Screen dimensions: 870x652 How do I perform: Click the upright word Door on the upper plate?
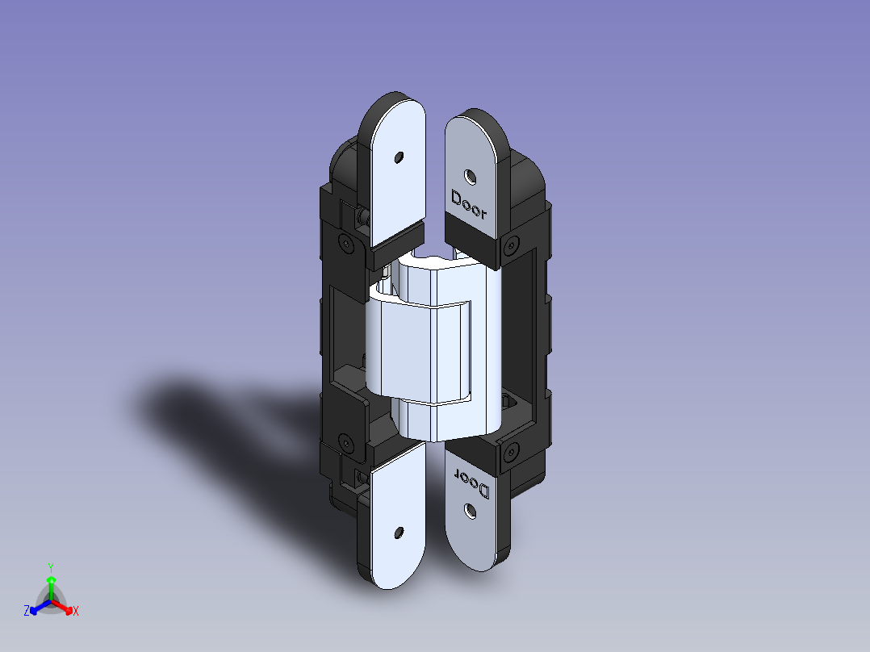coord(469,204)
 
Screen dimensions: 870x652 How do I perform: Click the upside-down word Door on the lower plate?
coord(472,483)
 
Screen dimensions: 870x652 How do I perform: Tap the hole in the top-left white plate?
coord(399,157)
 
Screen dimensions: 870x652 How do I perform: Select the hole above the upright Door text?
coord(470,178)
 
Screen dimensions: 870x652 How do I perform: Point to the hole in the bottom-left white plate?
coord(399,533)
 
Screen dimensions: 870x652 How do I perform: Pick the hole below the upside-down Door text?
coord(470,512)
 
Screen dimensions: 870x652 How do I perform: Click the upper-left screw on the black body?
coord(346,243)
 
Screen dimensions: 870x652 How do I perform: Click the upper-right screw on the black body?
coord(511,245)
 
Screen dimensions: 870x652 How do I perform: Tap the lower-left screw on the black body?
coord(346,443)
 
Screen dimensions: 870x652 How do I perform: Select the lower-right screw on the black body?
coord(510,453)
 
